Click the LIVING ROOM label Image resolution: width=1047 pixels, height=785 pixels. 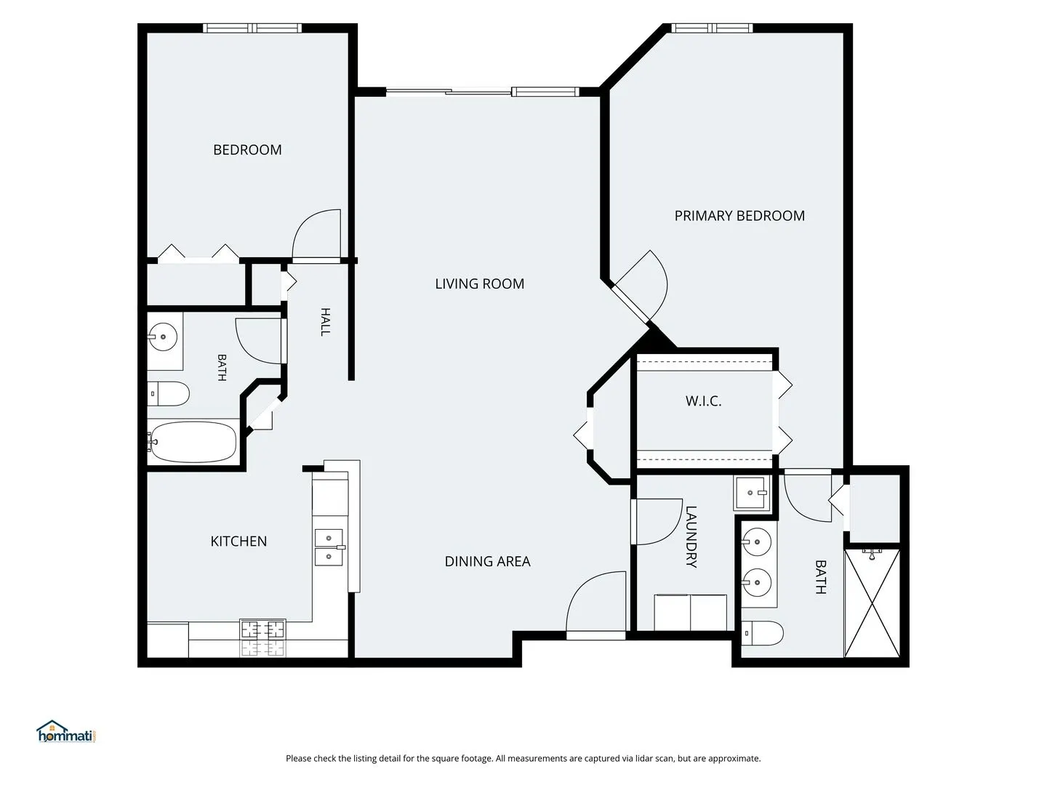click(479, 284)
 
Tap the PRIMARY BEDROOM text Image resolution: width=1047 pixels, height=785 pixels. click(739, 216)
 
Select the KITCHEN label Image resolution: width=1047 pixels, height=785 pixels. click(238, 542)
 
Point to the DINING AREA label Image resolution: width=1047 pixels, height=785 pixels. click(487, 561)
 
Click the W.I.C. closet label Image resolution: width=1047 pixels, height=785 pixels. click(704, 401)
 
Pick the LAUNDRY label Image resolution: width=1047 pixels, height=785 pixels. click(691, 536)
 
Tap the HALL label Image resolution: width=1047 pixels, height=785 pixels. click(325, 322)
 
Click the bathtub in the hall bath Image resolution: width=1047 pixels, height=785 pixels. click(192, 442)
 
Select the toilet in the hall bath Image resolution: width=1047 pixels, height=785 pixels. click(168, 394)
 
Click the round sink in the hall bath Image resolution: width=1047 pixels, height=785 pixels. click(163, 337)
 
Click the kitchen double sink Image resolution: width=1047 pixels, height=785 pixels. click(329, 547)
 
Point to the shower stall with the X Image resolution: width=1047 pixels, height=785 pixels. click(872, 603)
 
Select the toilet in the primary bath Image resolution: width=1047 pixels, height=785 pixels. click(763, 633)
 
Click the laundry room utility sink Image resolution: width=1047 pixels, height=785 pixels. click(752, 494)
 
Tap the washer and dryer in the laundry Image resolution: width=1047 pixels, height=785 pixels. click(690, 613)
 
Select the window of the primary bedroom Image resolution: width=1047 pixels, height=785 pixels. click(712, 28)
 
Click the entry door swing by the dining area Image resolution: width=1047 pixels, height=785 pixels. click(595, 602)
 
